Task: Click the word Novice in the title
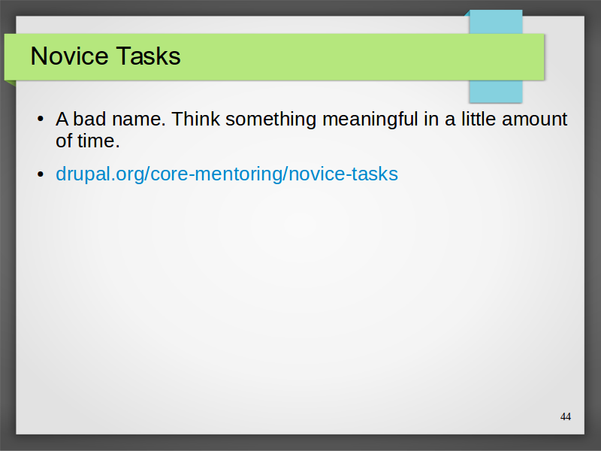coord(69,56)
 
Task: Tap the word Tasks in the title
coord(148,56)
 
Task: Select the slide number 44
coord(566,416)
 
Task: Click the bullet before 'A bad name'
coord(41,119)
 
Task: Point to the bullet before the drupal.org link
coord(41,174)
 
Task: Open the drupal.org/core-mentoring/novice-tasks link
coord(227,174)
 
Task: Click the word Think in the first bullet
coord(195,119)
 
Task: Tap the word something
coord(270,120)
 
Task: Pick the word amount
coord(534,120)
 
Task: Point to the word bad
coord(89,119)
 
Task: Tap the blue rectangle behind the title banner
coord(496,91)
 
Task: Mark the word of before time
coord(64,141)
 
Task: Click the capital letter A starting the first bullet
coord(62,120)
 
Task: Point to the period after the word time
coord(118,147)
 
